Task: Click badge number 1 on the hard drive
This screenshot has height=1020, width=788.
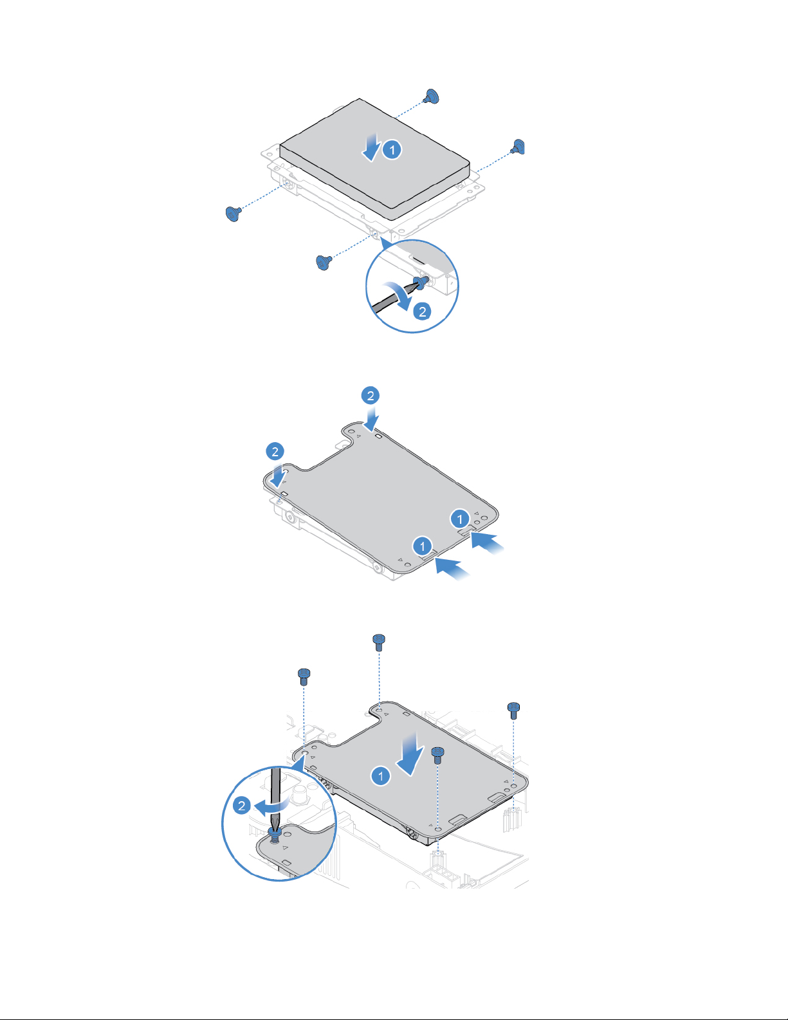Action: coord(392,150)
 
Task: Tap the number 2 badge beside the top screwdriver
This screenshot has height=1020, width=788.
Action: coord(422,311)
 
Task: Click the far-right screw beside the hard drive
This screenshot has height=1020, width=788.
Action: coord(518,147)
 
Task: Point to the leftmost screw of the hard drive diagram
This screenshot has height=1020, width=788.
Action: coord(233,213)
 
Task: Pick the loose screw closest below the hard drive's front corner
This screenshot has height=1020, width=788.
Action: coord(324,262)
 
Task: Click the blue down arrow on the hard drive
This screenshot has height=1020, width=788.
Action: coord(371,147)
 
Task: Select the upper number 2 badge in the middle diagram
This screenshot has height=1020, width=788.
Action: coord(370,395)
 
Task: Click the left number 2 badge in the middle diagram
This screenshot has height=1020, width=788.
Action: coord(275,451)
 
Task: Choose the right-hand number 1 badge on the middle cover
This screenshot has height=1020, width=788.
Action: coord(459,518)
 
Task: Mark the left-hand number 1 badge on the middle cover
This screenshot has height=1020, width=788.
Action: coord(422,546)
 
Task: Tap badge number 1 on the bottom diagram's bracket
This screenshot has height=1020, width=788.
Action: coord(380,776)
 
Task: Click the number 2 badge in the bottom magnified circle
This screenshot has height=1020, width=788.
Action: coord(242,805)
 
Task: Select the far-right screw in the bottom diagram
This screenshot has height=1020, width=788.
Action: coord(513,709)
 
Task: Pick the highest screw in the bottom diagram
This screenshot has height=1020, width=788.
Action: coord(379,640)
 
